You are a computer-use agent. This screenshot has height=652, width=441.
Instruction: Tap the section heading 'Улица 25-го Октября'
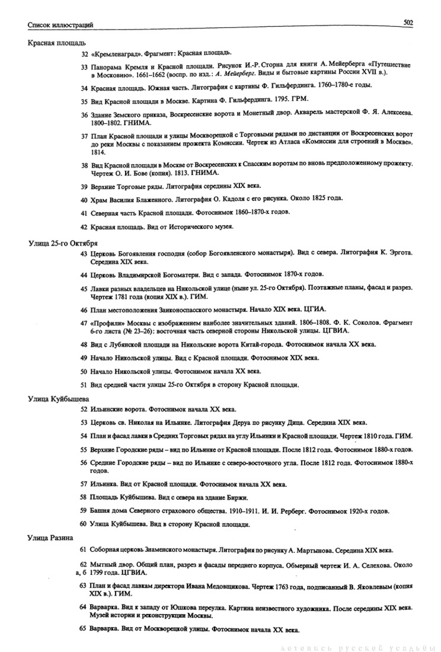pyautogui.click(x=63, y=244)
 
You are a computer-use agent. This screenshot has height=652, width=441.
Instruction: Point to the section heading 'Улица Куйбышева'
pyautogui.click(x=58, y=398)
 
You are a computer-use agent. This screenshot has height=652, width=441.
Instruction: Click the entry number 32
pyautogui.click(x=84, y=53)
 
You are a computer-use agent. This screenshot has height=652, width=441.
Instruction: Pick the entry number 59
pyautogui.click(x=84, y=511)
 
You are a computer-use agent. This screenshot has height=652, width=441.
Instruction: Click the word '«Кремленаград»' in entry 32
pyautogui.click(x=113, y=53)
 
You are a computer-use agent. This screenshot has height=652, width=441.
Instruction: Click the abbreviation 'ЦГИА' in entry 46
pyautogui.click(x=312, y=309)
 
